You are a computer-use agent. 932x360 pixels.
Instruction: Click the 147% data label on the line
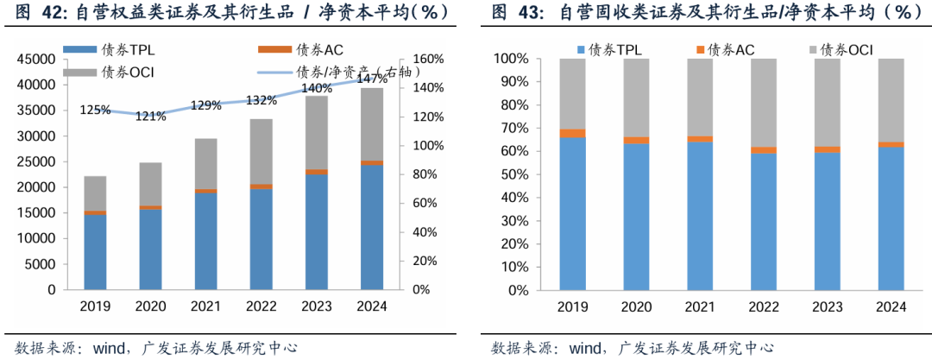click(372, 79)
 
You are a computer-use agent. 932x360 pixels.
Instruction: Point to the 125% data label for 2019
click(95, 110)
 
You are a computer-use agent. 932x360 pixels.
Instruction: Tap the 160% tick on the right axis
click(427, 60)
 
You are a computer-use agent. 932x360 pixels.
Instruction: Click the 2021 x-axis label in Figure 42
click(205, 306)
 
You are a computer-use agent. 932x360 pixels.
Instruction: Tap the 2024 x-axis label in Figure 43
click(891, 306)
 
